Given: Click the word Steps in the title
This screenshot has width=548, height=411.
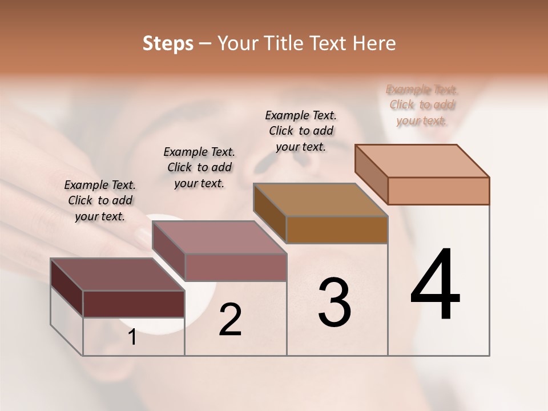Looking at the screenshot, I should (x=168, y=43).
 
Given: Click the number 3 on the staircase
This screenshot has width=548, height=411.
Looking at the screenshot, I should (x=334, y=302).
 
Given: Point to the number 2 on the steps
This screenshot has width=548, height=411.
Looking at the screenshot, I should (x=230, y=320).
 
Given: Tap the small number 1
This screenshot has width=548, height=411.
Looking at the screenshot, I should (x=132, y=337).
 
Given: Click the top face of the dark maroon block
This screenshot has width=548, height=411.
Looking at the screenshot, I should (x=117, y=275).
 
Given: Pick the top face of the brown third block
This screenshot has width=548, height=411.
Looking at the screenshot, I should (x=320, y=200).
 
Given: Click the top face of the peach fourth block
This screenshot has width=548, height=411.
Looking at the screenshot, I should (x=422, y=161).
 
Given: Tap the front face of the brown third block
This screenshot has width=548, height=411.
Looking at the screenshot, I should (x=337, y=229).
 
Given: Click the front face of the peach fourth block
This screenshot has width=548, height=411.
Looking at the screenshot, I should (x=438, y=191).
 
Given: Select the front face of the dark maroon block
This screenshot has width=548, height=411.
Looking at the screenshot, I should (x=134, y=304).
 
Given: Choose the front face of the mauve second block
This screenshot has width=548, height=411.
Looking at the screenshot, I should (x=235, y=267).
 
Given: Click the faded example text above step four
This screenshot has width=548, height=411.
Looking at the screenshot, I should (x=422, y=105).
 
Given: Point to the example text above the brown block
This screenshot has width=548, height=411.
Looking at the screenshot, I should (x=301, y=131).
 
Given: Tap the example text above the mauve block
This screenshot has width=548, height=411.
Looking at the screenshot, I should (x=199, y=167).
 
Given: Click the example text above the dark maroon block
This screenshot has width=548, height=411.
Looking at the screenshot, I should (x=100, y=200).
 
